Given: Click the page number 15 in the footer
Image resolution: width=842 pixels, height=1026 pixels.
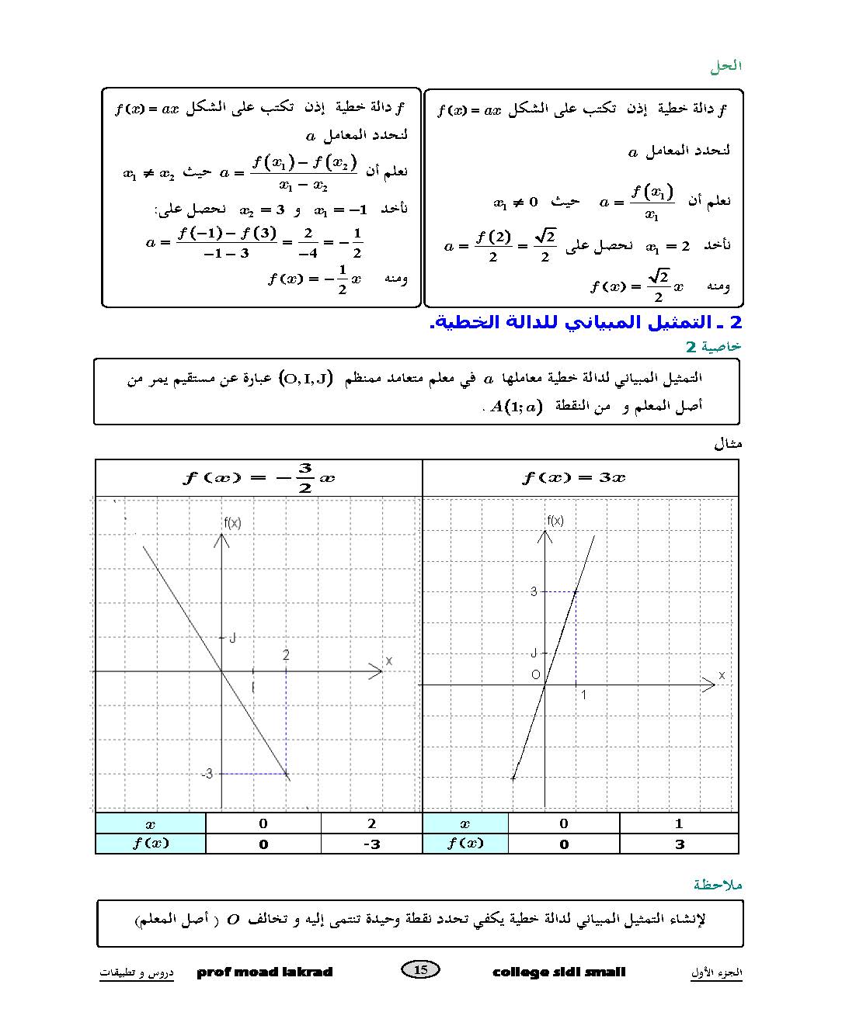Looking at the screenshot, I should (421, 969).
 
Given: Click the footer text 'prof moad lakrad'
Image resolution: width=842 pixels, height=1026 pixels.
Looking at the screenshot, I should (265, 972).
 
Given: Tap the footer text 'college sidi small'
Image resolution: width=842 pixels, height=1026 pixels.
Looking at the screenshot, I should (559, 972).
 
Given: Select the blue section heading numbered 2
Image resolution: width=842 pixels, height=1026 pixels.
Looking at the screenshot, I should (586, 322).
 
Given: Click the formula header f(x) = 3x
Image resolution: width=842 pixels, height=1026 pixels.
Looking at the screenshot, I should (574, 477).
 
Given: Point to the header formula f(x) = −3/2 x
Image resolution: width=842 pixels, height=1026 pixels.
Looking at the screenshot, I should (259, 477).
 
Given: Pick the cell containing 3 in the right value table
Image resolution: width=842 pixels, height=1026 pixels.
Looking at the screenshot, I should (680, 844).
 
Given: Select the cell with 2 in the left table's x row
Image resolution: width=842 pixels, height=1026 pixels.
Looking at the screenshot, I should (371, 823).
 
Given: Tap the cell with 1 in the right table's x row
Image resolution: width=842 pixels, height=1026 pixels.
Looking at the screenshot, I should (679, 823).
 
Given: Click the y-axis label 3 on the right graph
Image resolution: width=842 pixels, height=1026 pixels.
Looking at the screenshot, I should (534, 591).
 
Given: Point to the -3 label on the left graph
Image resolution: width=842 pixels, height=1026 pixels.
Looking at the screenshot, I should (207, 774).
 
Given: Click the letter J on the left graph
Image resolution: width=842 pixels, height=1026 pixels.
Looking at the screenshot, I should (232, 638).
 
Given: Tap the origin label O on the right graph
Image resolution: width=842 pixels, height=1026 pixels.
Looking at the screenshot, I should (535, 674).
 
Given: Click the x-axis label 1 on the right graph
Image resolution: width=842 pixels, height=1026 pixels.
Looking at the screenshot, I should (584, 695).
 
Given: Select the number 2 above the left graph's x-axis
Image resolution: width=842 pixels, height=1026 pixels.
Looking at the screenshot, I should (286, 656).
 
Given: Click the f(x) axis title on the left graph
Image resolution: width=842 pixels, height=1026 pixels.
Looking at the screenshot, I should (232, 523).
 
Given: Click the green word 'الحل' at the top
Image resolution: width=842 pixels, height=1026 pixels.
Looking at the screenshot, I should (725, 67).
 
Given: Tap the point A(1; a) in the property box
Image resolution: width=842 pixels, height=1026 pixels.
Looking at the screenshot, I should (515, 407).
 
